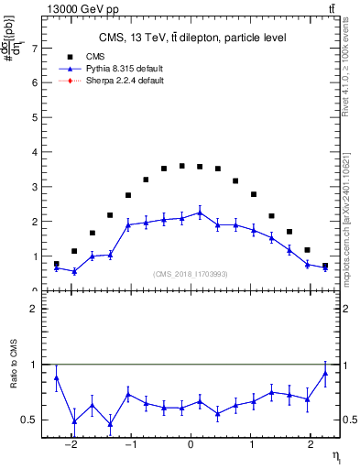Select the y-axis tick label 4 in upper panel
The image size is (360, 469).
pos(35,152)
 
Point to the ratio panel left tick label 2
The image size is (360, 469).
pos(35,309)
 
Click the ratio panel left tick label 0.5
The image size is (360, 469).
pos(31,420)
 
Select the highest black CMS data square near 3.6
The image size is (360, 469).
pos(181,166)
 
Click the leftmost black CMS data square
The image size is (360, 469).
pos(56,264)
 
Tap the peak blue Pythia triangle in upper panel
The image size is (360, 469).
pos(200,213)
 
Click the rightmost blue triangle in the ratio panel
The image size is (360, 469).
pos(325,373)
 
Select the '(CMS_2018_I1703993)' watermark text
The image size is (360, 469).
pos(191,274)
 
